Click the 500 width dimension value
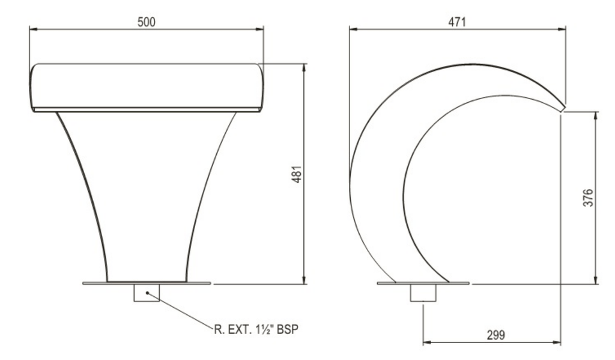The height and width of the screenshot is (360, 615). (146, 22)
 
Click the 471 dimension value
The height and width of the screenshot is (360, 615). (457, 22)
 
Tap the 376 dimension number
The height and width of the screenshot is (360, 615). (589, 198)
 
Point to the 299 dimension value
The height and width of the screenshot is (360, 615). (495, 335)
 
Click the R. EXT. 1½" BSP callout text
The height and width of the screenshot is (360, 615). (256, 329)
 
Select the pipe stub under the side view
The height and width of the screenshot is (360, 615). (423, 293)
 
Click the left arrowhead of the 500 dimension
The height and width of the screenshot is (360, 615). (32, 28)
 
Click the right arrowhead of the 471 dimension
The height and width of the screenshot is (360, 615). (563, 28)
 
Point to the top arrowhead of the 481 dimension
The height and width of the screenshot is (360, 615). (304, 67)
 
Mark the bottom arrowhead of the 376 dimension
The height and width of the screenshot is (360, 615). (595, 280)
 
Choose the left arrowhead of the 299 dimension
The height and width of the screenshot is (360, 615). (426, 343)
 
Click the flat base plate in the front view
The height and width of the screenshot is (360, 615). (96, 283)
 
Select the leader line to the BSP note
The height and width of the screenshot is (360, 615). (180, 311)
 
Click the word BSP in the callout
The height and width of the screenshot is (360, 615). (287, 329)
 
